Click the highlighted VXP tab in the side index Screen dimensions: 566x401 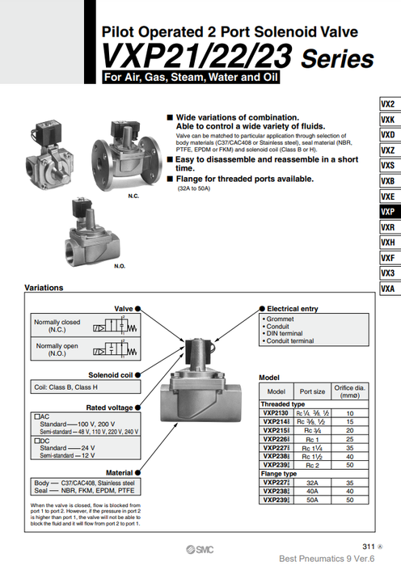tap(387, 212)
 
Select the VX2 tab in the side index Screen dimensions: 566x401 tap(387, 104)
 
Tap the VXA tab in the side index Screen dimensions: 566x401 tap(387, 289)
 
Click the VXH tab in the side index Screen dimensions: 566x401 tap(387, 243)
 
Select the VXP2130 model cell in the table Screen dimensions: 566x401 tap(276, 412)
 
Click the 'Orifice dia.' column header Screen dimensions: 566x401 tap(349, 391)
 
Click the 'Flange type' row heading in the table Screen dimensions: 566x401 tap(277, 474)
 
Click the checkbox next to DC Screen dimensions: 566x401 tap(36, 440)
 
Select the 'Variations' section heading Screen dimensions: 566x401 tap(47, 288)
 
